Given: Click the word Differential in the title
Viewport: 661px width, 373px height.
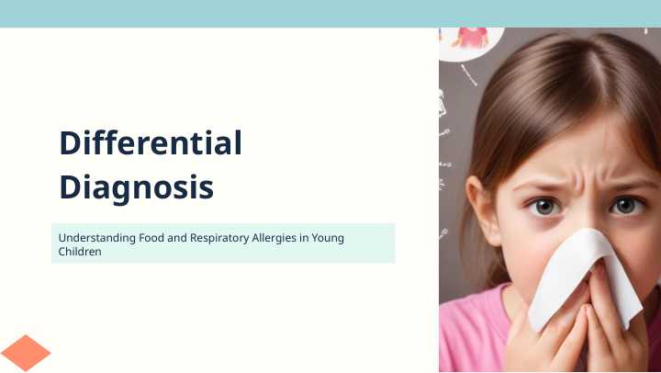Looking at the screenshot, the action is [x=151, y=142].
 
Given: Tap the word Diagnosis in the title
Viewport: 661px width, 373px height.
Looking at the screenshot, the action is [x=137, y=187].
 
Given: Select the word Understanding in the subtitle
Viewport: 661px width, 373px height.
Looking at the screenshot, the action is [x=97, y=238].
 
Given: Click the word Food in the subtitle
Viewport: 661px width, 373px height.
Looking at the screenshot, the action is [x=151, y=238].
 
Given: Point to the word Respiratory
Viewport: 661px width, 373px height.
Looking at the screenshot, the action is [x=219, y=238].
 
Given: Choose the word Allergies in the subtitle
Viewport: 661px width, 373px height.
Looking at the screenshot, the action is [x=274, y=238].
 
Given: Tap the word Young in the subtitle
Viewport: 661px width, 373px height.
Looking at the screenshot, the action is [x=328, y=238].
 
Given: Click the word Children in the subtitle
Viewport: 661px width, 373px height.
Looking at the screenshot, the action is [x=80, y=252].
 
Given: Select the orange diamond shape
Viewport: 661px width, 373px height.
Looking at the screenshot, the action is [x=26, y=353].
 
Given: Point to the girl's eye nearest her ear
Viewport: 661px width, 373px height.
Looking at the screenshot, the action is [x=544, y=207].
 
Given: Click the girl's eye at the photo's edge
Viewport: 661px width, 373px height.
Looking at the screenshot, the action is [x=627, y=206].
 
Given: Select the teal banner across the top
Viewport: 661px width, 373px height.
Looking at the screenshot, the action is [x=330, y=14].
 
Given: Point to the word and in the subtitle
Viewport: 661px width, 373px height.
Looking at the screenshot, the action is [x=177, y=238].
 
